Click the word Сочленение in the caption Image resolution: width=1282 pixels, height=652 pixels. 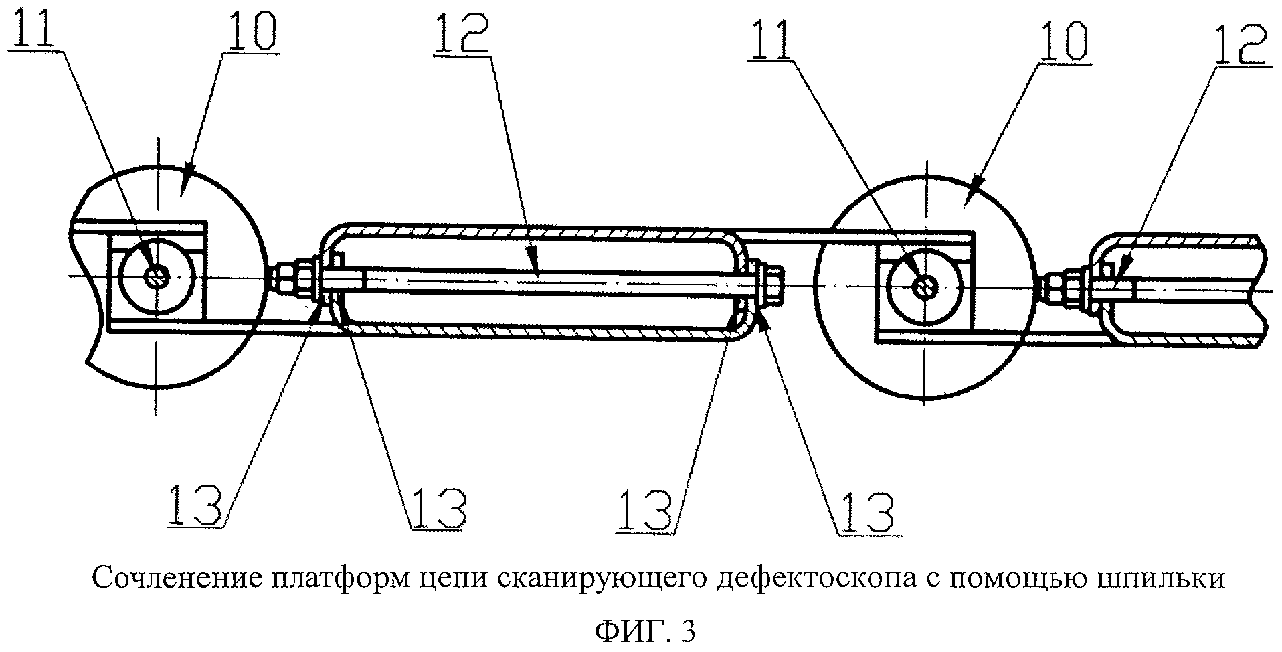tap(175, 579)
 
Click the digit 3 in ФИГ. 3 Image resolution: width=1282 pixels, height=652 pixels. tap(687, 631)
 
